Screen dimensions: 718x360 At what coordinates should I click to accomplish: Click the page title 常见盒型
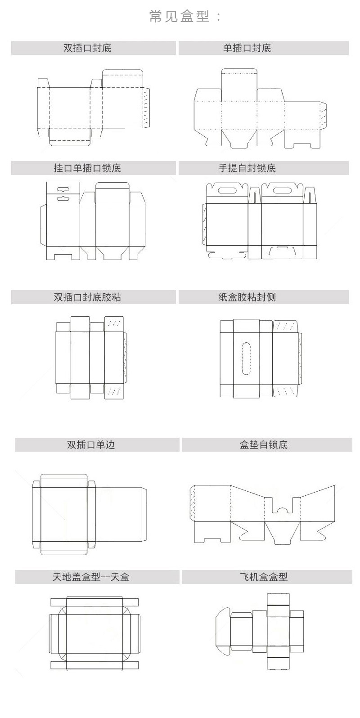pyautogui.click(x=185, y=17)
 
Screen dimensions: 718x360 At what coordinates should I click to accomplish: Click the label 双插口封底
pyautogui.click(x=94, y=48)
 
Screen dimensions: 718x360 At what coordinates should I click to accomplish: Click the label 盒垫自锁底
pyautogui.click(x=264, y=444)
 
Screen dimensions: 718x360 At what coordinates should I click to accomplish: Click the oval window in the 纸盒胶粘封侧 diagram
pyautogui.click(x=246, y=358)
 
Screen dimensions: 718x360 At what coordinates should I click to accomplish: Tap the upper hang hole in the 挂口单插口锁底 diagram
pyautogui.click(x=63, y=188)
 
